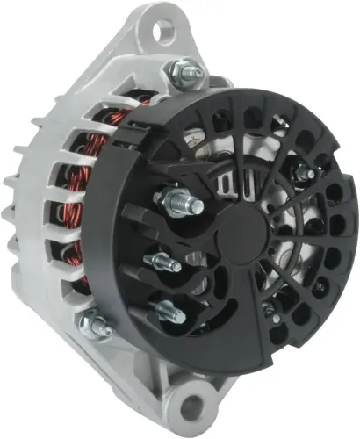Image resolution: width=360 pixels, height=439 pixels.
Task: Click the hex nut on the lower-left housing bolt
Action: [91, 325]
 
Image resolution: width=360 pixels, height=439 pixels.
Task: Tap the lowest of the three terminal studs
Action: [167, 310]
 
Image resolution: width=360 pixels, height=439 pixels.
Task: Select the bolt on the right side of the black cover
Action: [303, 175]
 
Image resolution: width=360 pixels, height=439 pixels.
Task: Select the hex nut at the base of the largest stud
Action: [167, 199]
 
